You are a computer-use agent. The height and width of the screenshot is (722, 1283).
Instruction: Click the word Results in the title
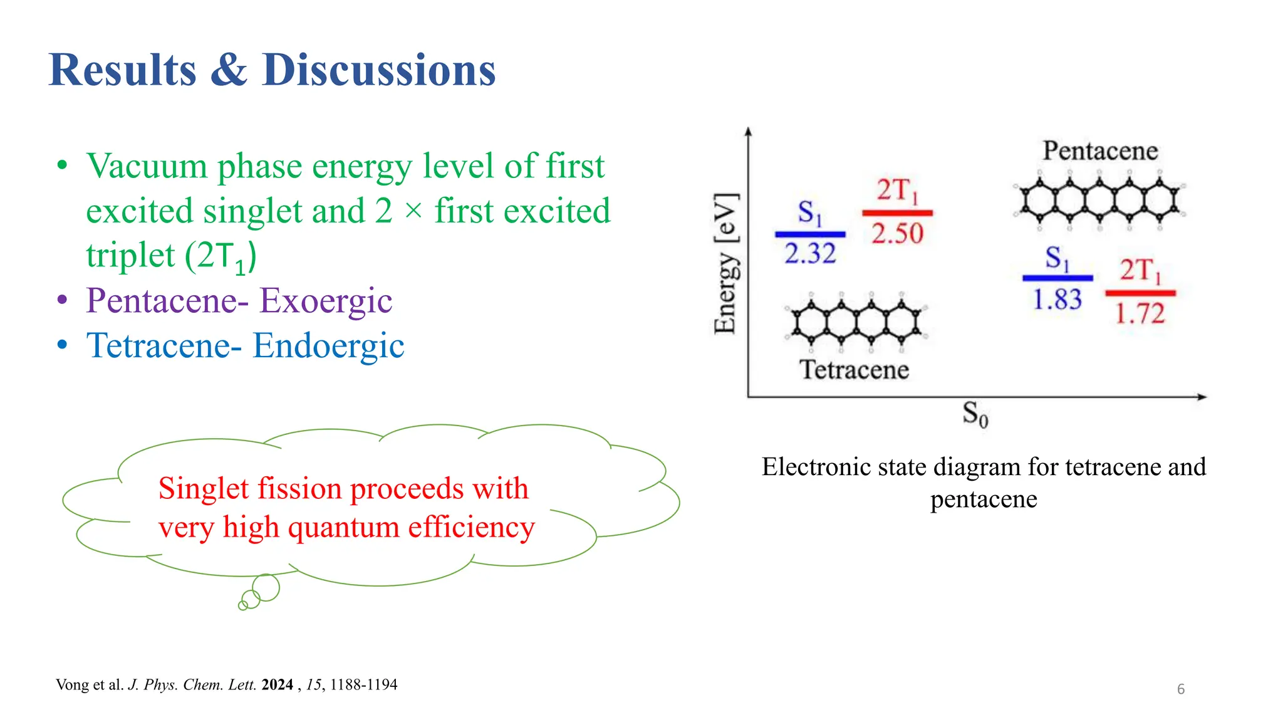point(123,70)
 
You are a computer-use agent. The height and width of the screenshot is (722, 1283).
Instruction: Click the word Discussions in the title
point(379,70)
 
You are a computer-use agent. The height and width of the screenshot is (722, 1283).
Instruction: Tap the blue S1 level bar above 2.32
point(810,234)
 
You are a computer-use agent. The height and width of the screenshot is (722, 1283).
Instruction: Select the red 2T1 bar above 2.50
point(897,213)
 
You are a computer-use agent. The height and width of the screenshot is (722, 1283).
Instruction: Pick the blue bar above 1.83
point(1057,278)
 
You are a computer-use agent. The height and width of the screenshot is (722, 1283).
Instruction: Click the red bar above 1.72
point(1140,293)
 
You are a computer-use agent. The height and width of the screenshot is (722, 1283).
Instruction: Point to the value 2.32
point(810,254)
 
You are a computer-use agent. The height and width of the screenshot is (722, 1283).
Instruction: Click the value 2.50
point(897,234)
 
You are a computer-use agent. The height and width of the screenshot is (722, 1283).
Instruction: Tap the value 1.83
point(1057,300)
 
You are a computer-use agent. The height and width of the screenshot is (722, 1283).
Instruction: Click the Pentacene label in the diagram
point(1100,151)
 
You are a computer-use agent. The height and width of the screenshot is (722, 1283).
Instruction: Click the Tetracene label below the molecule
point(854,370)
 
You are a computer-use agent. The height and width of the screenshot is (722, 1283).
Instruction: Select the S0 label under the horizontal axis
point(975,414)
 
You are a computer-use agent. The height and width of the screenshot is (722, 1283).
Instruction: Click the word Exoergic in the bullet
point(326,300)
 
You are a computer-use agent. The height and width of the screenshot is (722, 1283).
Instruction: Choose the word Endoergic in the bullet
point(328,345)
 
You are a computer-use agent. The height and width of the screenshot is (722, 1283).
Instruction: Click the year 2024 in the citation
point(278,684)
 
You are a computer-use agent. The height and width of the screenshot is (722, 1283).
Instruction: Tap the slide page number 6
point(1181,689)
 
